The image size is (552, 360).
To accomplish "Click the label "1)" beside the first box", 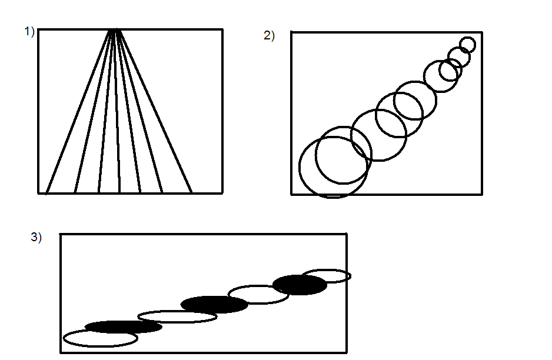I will point(29,32).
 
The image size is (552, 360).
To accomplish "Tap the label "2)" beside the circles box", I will point(269,36).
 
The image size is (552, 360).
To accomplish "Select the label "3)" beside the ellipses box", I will point(36,238).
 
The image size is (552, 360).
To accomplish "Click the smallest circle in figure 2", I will point(467,45).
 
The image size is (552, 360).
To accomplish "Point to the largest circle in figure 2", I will point(333,167).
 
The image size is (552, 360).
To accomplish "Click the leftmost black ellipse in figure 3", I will point(123,326).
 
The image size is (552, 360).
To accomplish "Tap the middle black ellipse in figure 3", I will point(214,304).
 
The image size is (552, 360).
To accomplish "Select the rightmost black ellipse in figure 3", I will point(300,285).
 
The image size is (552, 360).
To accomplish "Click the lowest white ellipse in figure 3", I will point(100,338).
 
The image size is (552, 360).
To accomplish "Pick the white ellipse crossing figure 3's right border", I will point(327,276).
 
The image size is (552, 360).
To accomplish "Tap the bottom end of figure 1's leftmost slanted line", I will point(46,192).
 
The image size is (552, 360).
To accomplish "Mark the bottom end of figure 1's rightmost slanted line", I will point(191,192).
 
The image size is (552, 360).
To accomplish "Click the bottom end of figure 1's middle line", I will point(119,192).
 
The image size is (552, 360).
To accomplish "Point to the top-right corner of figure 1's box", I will point(222,29).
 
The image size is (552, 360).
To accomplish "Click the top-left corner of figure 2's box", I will point(291,32).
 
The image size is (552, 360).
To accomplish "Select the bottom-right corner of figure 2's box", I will point(482,194).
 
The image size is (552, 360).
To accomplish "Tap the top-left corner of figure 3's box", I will point(61,234).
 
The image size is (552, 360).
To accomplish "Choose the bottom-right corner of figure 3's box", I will point(346,352).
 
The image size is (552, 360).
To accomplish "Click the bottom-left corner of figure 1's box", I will point(39,192).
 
